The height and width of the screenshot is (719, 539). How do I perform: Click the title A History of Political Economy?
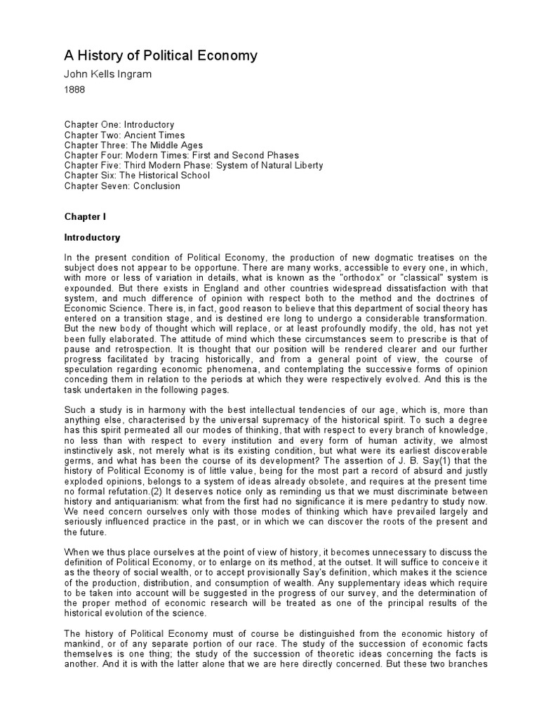tap(161, 56)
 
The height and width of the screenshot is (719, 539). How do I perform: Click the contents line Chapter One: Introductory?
tap(119, 124)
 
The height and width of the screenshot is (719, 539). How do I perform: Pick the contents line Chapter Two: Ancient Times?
tap(125, 135)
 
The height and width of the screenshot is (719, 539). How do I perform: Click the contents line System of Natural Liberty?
tap(194, 166)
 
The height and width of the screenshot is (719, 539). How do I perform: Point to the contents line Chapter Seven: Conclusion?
tap(123, 186)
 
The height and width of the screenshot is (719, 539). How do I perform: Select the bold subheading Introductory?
tap(93, 237)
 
